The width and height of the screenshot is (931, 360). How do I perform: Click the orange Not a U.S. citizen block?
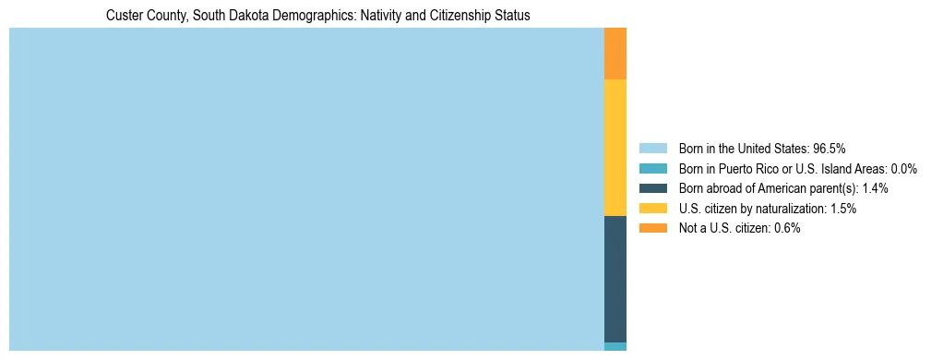(615, 54)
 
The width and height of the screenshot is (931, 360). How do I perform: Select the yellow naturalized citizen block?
(615, 148)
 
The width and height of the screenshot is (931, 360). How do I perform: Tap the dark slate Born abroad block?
(615, 279)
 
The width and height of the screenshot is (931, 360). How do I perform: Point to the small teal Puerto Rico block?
(615, 346)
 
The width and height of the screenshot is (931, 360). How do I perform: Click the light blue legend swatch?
(652, 148)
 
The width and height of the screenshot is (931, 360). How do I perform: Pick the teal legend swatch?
(652, 168)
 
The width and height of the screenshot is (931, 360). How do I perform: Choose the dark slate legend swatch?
(652, 188)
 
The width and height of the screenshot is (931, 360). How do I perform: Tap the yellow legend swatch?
(652, 209)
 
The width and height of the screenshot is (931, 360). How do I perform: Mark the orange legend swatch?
(652, 228)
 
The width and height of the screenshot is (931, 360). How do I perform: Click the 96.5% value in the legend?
(830, 148)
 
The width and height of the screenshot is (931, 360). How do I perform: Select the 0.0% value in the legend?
(902, 168)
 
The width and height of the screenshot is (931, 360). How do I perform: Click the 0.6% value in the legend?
(786, 228)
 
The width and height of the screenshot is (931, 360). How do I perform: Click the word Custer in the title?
(125, 16)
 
